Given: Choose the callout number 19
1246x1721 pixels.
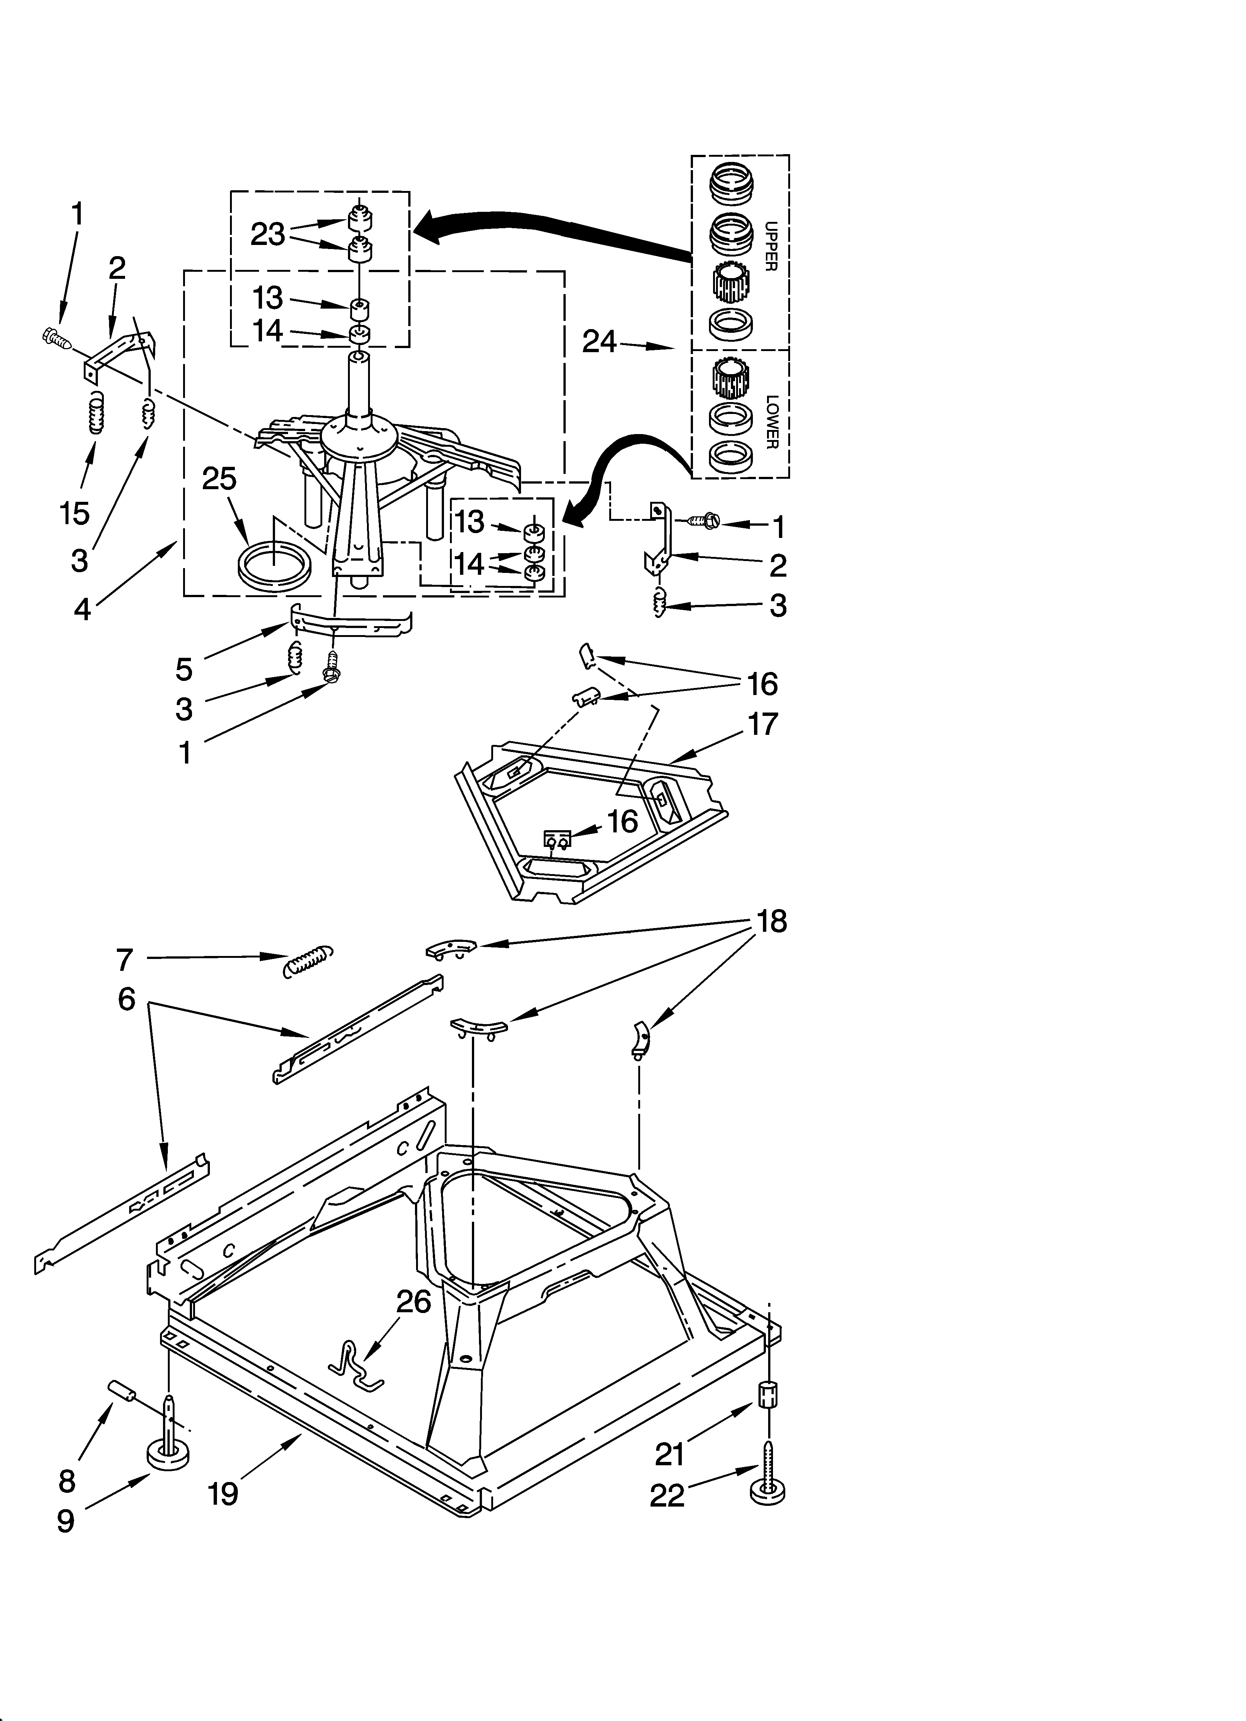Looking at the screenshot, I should click(224, 1493).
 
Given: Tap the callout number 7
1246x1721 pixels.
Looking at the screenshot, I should click(125, 960).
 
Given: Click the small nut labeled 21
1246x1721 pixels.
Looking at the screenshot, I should click(769, 1395).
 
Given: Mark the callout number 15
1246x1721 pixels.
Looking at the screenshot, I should click(74, 514).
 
